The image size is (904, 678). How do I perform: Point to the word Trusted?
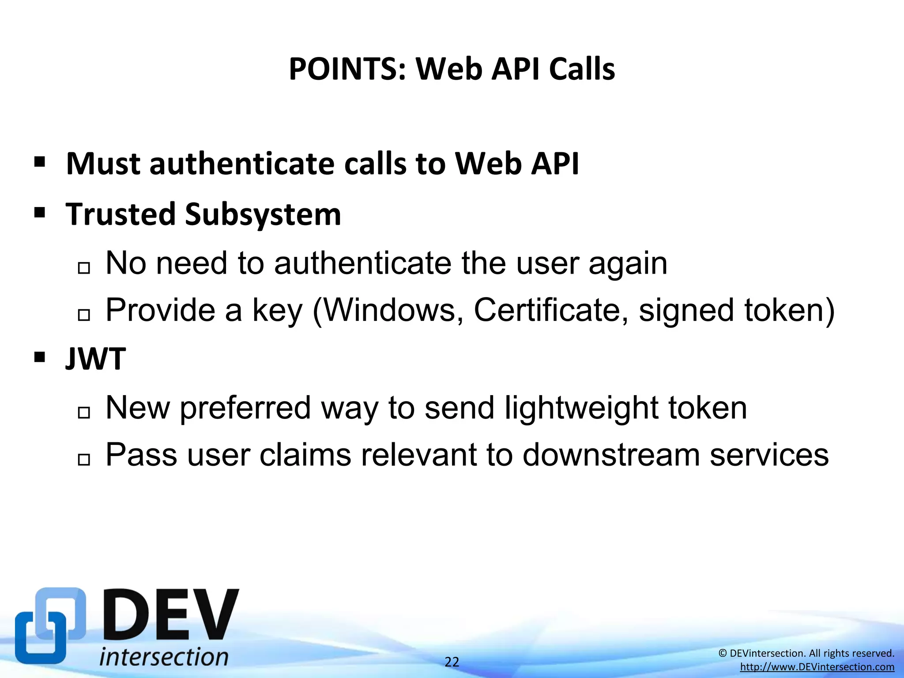(121, 215)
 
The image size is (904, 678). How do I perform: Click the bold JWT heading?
(96, 358)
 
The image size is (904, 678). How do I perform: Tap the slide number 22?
(452, 662)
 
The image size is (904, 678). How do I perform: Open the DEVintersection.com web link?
(817, 667)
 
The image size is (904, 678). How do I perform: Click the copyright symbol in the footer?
(723, 653)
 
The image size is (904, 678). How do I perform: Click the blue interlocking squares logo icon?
(50, 626)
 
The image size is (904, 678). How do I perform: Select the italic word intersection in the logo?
(164, 657)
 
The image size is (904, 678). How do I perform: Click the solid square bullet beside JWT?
(40, 357)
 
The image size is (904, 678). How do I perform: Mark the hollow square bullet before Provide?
(83, 315)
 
